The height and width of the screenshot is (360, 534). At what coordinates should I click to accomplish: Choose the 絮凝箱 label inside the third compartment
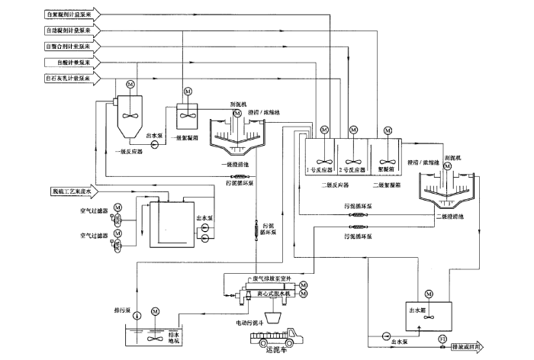(x=386, y=169)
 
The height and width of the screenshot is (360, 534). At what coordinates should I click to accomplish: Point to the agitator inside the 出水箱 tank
(x=427, y=317)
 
